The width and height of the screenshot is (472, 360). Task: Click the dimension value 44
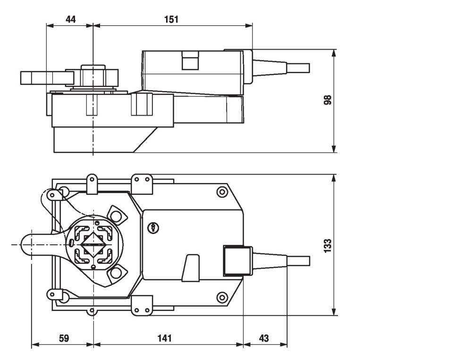pos(70,19)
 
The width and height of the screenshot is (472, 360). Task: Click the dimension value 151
pos(171,19)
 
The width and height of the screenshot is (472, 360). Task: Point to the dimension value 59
pos(63,338)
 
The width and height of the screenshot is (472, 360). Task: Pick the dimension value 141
pos(164,338)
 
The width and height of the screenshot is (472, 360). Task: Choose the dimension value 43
pos(264,338)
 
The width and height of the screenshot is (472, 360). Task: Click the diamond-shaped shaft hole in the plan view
pos(93,244)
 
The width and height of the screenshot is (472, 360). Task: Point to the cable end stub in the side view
pos(298,68)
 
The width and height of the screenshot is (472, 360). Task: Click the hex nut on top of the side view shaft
pos(93,75)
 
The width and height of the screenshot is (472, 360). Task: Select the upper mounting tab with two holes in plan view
pos(142,184)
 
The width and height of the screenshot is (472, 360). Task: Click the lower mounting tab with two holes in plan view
pos(142,306)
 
